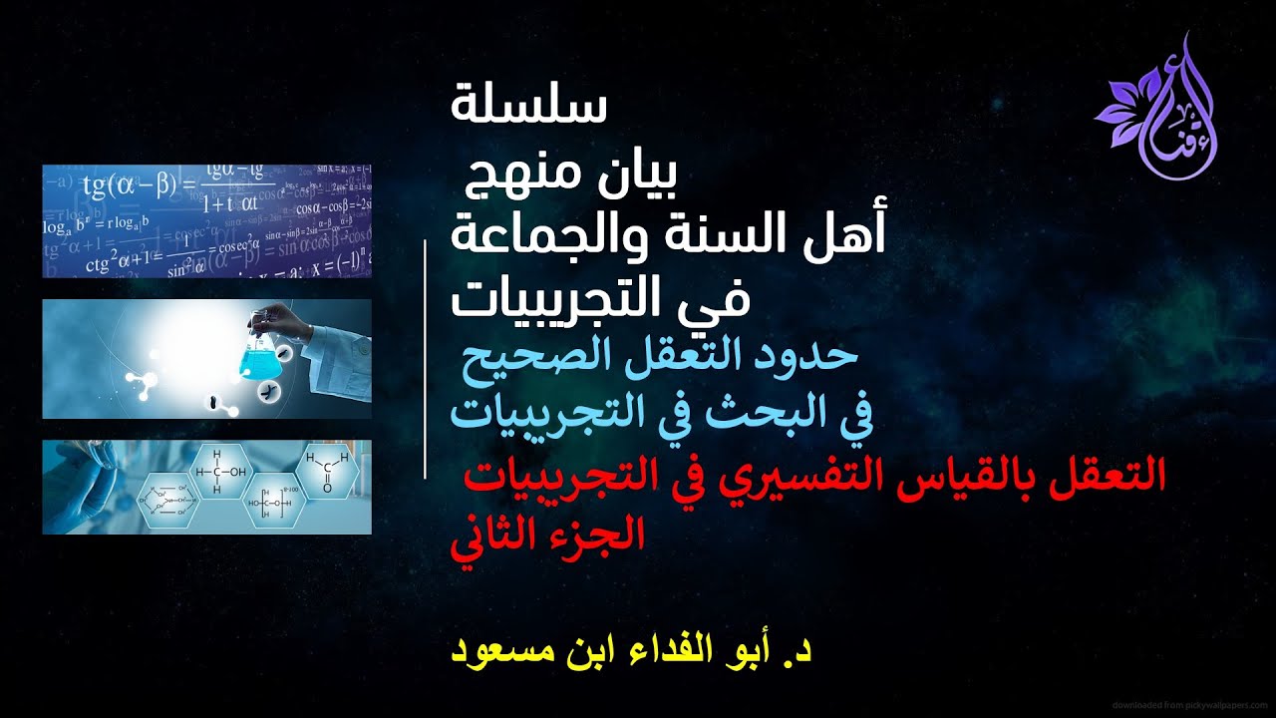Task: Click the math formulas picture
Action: (x=206, y=220)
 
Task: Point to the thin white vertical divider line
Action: (x=426, y=359)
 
